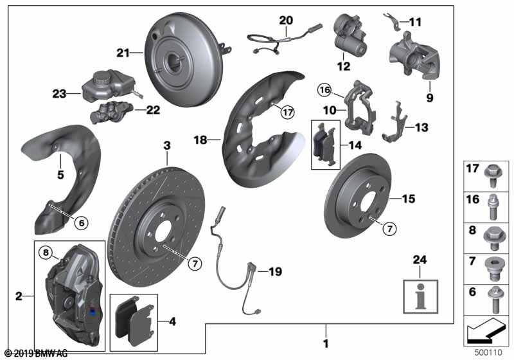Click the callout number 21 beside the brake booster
pyautogui.click(x=123, y=52)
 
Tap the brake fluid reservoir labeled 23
pyautogui.click(x=106, y=90)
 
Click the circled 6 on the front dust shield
pyautogui.click(x=82, y=222)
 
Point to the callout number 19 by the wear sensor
pyautogui.click(x=274, y=272)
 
